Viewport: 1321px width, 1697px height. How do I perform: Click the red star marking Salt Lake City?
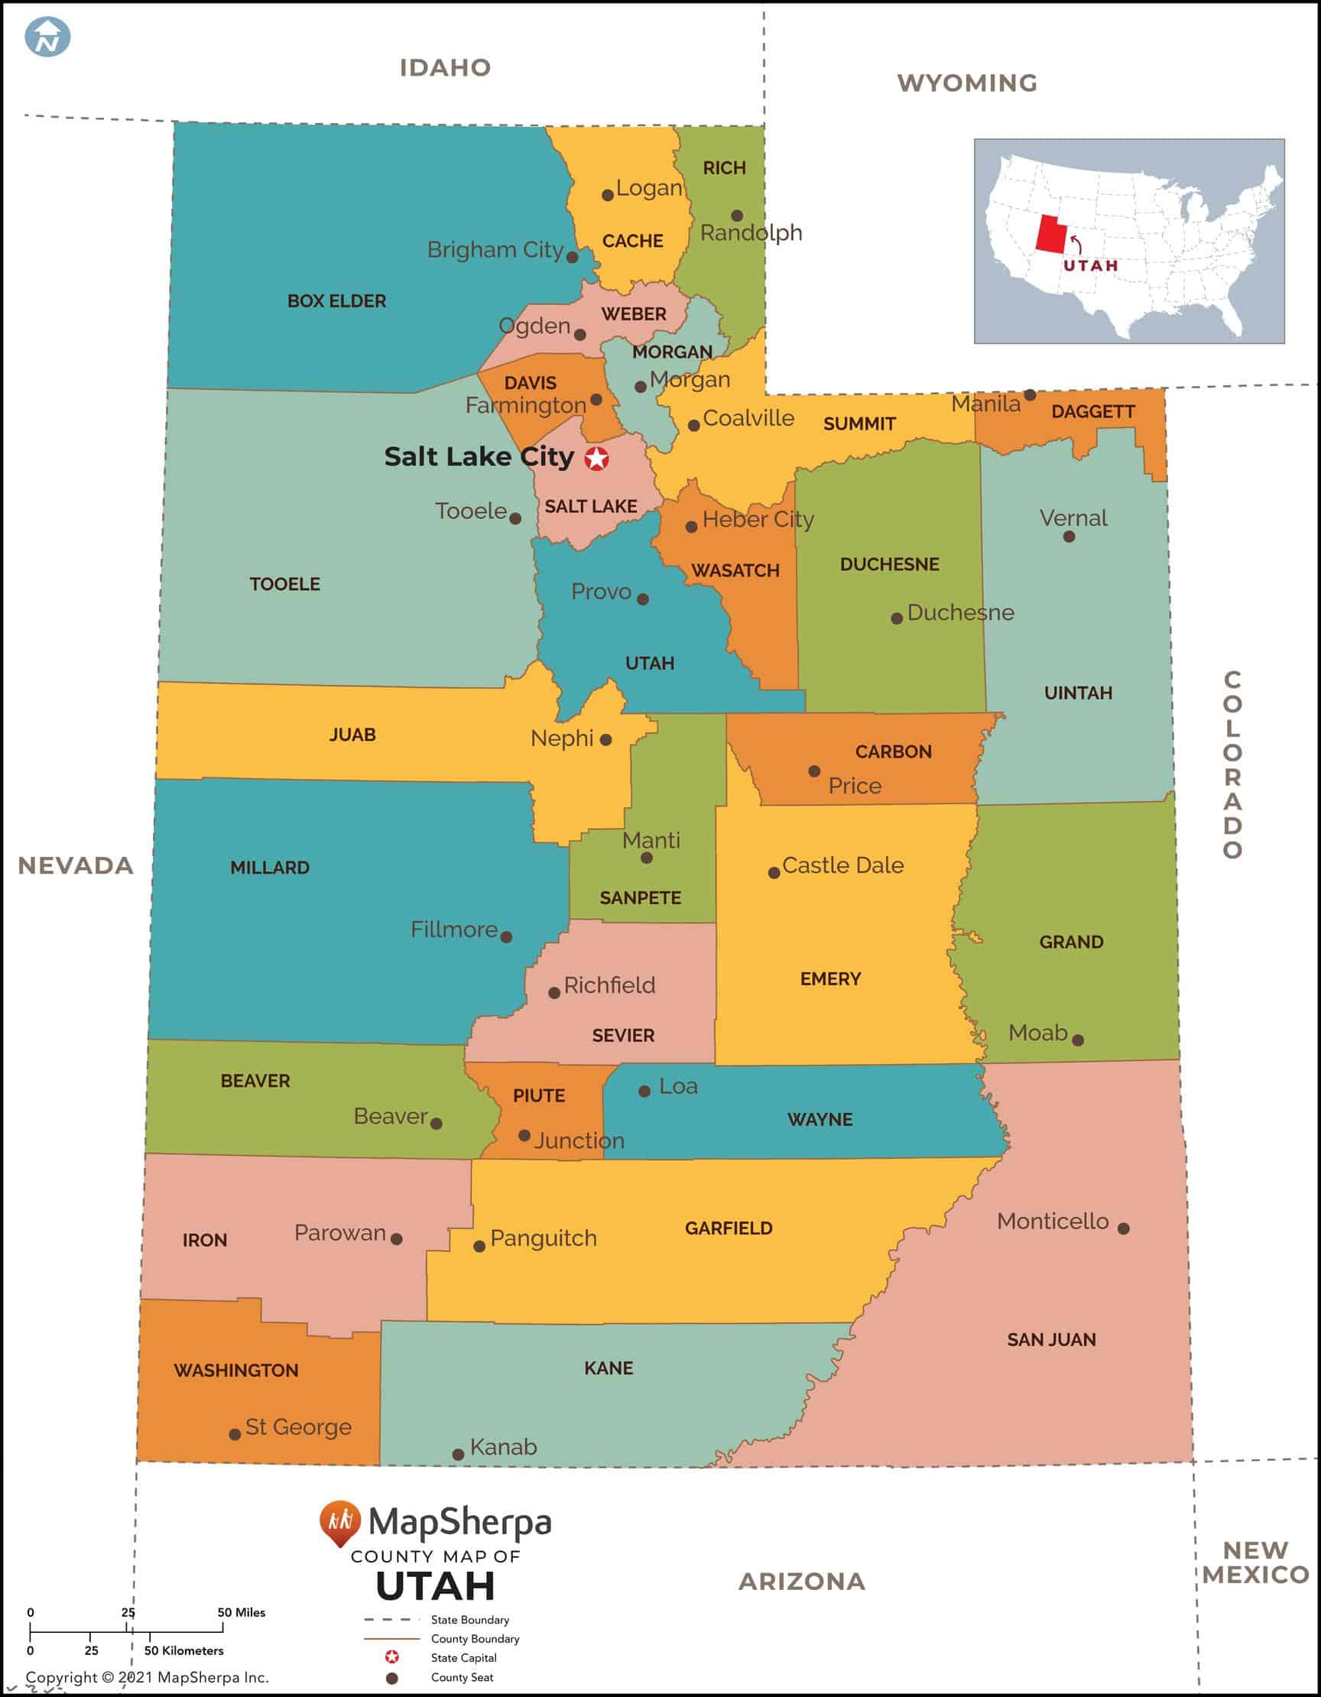coord(596,459)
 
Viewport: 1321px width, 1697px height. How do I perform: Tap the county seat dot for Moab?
coord(1078,1040)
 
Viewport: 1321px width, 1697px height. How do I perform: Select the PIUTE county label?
coord(538,1095)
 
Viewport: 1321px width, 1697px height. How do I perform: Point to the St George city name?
coord(298,1426)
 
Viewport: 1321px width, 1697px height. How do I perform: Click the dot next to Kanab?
coord(459,1454)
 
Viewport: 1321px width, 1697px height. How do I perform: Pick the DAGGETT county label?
coord(1092,412)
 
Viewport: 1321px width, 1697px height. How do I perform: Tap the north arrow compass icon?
coord(47,37)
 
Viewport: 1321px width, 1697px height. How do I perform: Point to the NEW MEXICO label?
coord(1255,1562)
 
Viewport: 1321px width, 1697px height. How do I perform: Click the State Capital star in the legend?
coord(392,1657)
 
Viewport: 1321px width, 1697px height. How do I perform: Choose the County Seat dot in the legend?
coord(392,1678)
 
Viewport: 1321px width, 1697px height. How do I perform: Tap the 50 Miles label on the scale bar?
coord(241,1612)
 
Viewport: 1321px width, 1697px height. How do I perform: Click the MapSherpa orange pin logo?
coord(339,1521)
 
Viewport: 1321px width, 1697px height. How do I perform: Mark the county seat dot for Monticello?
coord(1123,1228)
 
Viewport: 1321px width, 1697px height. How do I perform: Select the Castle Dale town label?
coord(842,865)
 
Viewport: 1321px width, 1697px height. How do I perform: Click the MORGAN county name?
coord(671,352)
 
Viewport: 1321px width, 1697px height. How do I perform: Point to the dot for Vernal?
coord(1069,537)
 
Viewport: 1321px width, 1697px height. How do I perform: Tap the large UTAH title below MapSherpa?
coord(435,1586)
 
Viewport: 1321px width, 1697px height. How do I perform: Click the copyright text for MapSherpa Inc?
coord(148,1678)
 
